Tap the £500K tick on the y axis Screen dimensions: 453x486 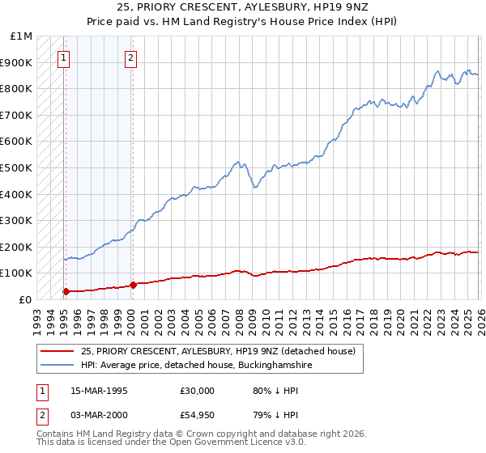(16, 167)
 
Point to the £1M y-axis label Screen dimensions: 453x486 (20, 36)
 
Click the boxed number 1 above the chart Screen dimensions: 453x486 (64, 57)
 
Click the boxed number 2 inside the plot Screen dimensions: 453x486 (130, 57)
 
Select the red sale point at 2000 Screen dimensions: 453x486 (133, 285)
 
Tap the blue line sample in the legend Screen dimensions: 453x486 (58, 366)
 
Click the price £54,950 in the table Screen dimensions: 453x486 (198, 416)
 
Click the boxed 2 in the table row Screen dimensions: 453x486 (41, 416)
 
